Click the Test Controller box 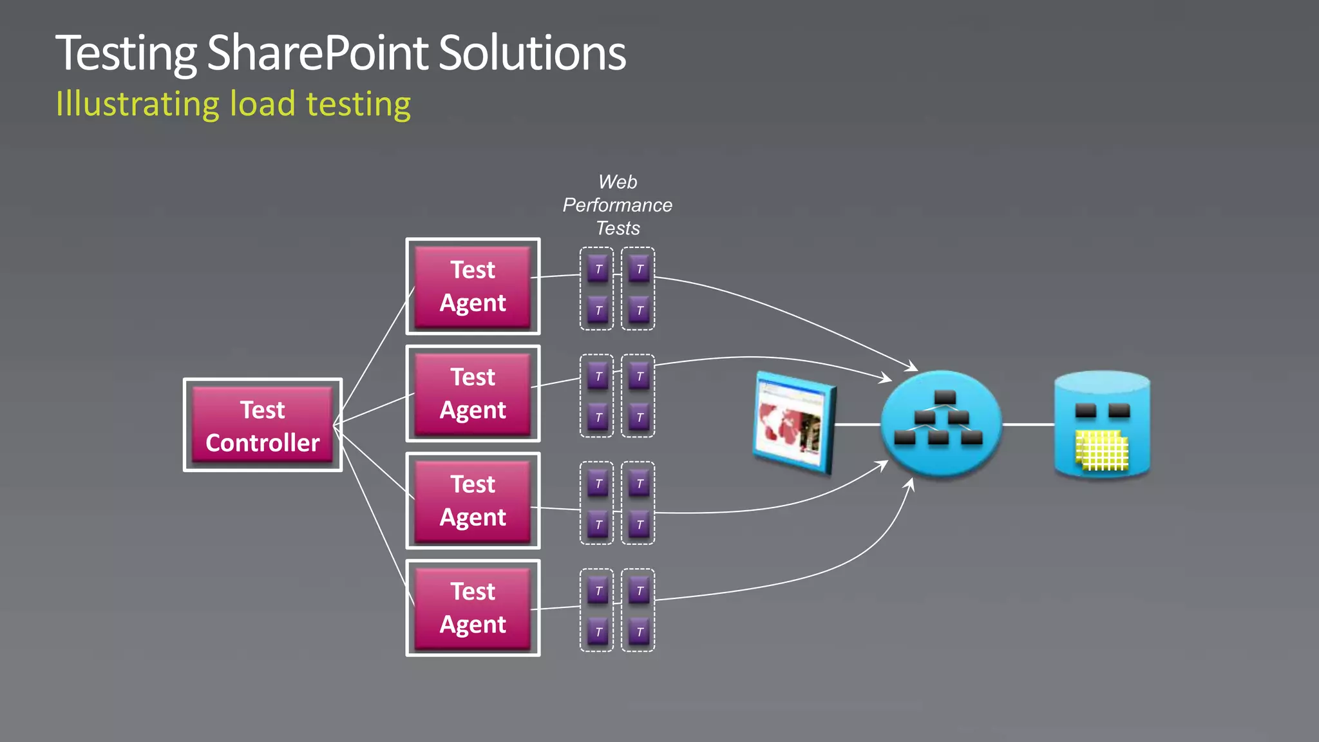(x=263, y=425)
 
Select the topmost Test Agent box (x=473, y=286)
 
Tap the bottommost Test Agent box (x=473, y=608)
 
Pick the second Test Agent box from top (x=473, y=394)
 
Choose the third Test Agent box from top (x=473, y=500)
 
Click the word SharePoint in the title (x=318, y=53)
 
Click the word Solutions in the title (x=532, y=53)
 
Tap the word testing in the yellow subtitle (x=358, y=104)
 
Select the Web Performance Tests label (x=617, y=205)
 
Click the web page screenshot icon (x=793, y=423)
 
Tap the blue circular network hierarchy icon (x=941, y=424)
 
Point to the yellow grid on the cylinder (x=1102, y=450)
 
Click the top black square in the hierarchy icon (x=945, y=396)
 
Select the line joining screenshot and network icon (x=857, y=424)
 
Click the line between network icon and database (x=1028, y=424)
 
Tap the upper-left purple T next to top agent (x=598, y=269)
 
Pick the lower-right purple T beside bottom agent (x=639, y=631)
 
